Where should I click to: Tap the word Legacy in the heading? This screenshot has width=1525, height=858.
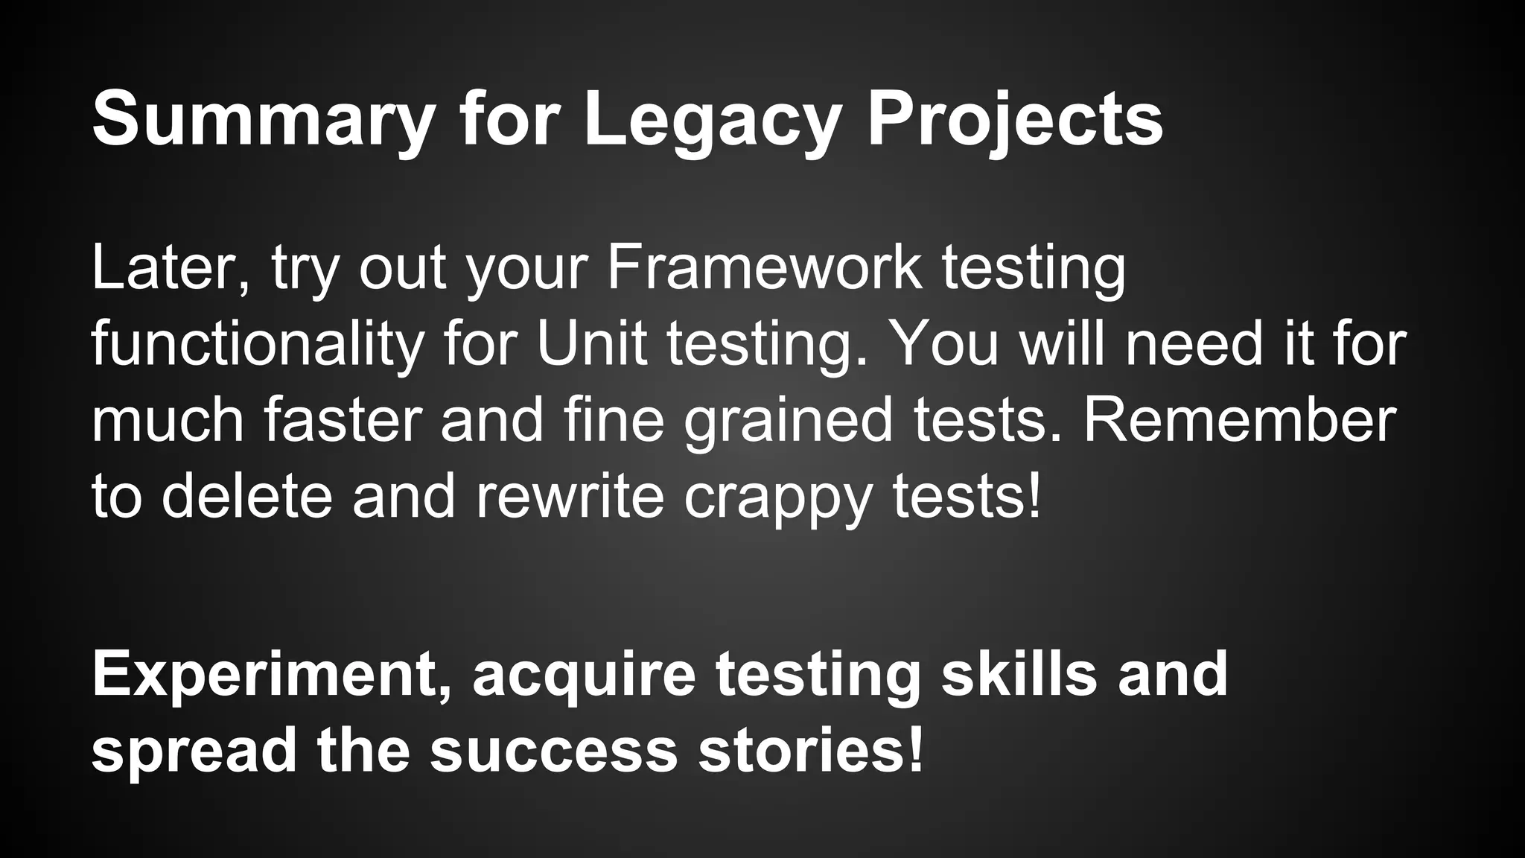click(712, 119)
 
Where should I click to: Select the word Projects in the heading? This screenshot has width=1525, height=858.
click(1014, 119)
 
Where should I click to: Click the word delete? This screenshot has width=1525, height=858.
click(246, 496)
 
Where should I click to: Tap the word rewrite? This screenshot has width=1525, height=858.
click(570, 496)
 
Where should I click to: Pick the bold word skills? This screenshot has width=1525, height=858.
click(1019, 673)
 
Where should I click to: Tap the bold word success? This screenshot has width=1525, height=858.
click(553, 751)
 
